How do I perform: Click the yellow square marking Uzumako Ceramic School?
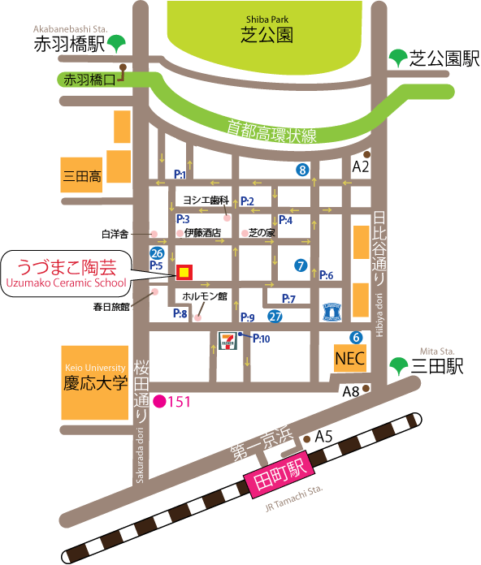tap(184, 271)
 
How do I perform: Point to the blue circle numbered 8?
tap(303, 170)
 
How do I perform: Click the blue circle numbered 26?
tap(157, 252)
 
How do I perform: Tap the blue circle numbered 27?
tap(275, 317)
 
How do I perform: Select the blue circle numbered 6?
tap(356, 337)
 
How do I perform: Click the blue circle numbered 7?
tap(301, 265)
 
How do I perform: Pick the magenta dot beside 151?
tap(160, 400)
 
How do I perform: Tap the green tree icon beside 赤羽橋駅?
tap(119, 41)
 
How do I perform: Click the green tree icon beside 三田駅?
tap(398, 366)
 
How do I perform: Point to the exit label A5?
tap(324, 437)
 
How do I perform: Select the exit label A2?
tap(361, 167)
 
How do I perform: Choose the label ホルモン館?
tap(205, 295)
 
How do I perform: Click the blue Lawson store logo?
tap(334, 311)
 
